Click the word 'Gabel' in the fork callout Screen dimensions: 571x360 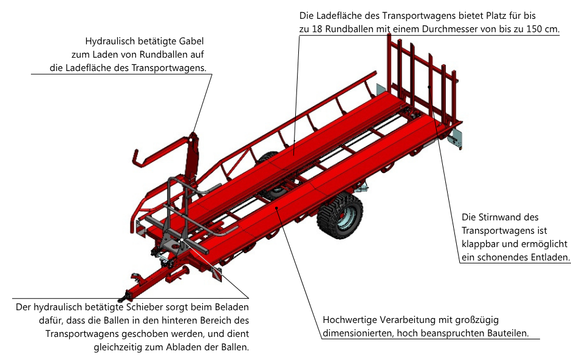tap(191, 41)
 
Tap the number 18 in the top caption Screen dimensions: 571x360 tap(317, 29)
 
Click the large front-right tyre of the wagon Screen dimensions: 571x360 tap(340, 216)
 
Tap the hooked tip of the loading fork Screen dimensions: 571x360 tap(136, 159)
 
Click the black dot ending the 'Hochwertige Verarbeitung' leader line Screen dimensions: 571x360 tap(277, 208)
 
